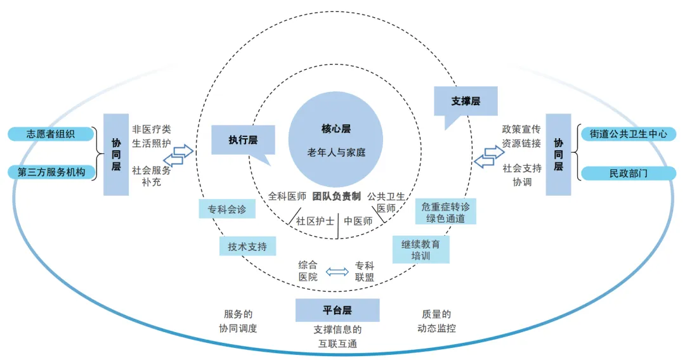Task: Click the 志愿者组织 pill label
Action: [51, 134]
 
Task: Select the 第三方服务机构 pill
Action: [51, 172]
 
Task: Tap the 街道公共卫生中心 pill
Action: [628, 134]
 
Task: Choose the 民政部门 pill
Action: [628, 172]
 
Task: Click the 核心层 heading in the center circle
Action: [336, 129]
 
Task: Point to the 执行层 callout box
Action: [244, 140]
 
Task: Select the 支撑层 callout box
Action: [466, 101]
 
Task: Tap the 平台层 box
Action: [337, 310]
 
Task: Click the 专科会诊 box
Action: [227, 209]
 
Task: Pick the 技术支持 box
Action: [247, 247]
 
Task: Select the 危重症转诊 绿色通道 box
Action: [446, 212]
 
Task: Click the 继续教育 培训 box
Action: [421, 250]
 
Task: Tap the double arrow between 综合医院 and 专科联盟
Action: [337, 272]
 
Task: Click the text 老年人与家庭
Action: [336, 153]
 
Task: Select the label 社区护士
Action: [313, 221]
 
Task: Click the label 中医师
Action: [358, 221]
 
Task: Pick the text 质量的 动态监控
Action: [436, 321]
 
